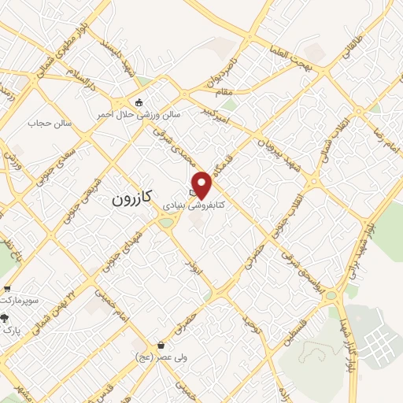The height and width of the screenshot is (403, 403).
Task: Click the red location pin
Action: point(202,184)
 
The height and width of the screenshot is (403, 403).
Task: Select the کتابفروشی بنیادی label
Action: point(194,204)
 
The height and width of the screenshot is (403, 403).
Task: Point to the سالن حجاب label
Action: point(50,124)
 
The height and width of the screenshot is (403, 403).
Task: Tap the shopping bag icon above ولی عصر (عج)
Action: point(161,345)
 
